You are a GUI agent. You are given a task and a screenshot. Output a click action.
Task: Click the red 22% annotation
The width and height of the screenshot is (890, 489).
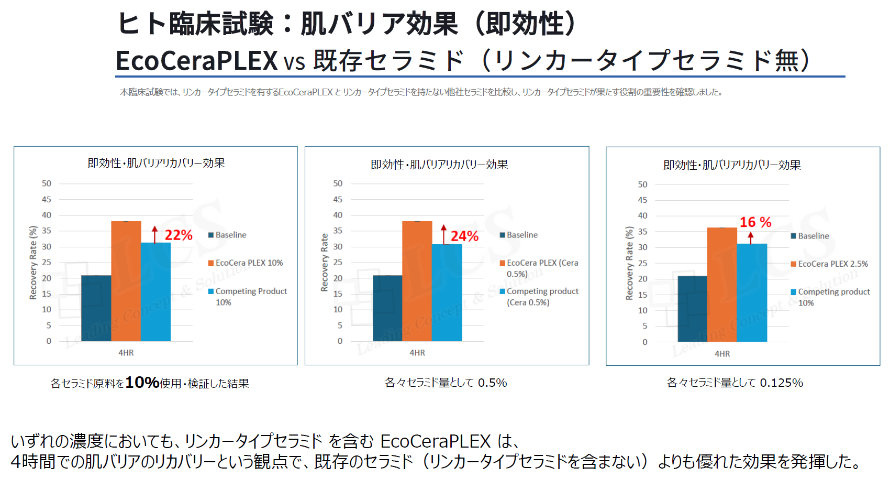coord(179,235)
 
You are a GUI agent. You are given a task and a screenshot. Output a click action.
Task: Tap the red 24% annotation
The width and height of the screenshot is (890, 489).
coord(464,236)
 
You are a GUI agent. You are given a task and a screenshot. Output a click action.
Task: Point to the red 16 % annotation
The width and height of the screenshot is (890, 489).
coord(755,222)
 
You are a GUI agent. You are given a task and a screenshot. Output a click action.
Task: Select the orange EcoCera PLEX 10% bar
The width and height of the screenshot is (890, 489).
coord(126,281)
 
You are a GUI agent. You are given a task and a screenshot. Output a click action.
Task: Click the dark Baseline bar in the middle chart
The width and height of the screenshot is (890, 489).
coord(387,308)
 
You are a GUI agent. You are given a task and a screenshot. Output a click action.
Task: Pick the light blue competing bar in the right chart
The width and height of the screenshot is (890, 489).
coord(752,292)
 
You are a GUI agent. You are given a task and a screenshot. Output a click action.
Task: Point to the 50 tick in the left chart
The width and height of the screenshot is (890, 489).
coord(47,183)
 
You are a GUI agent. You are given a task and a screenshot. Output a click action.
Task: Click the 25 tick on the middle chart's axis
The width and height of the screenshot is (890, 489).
coord(338,262)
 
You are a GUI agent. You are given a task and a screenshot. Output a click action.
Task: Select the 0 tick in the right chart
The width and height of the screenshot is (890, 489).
coord(644,342)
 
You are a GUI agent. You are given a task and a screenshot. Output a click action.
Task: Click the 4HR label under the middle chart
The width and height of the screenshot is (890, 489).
coord(417,353)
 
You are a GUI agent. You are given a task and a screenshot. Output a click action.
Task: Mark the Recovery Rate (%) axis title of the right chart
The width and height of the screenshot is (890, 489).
coord(629,263)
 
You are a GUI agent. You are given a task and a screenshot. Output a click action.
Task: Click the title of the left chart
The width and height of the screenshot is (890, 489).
coord(156,163)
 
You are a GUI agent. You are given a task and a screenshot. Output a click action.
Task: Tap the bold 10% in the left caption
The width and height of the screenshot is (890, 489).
coord(142,383)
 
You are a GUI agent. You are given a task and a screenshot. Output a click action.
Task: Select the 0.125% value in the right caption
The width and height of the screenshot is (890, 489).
coord(781,383)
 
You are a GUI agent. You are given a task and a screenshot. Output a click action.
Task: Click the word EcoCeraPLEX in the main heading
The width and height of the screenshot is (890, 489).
coord(196,60)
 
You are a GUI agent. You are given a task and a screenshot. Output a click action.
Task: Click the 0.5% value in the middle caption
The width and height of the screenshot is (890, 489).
coord(492,383)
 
